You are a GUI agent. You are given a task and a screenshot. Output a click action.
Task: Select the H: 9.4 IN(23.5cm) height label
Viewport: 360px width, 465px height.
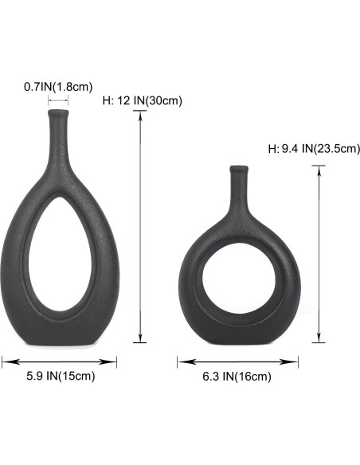tap(314, 148)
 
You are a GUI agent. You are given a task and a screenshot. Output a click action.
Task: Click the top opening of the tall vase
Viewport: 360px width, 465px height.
tap(58, 112)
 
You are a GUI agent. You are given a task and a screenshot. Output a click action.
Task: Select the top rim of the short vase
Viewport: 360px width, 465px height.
tap(238, 168)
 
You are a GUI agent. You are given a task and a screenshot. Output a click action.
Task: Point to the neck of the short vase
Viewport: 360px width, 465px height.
tap(238, 191)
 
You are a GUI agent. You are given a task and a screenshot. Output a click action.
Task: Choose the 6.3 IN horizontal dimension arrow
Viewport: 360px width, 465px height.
tap(237, 362)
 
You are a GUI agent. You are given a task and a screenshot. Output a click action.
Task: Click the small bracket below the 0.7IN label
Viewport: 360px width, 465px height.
tap(58, 100)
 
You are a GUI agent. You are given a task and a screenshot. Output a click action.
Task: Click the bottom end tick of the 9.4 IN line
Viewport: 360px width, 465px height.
tap(319, 342)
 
